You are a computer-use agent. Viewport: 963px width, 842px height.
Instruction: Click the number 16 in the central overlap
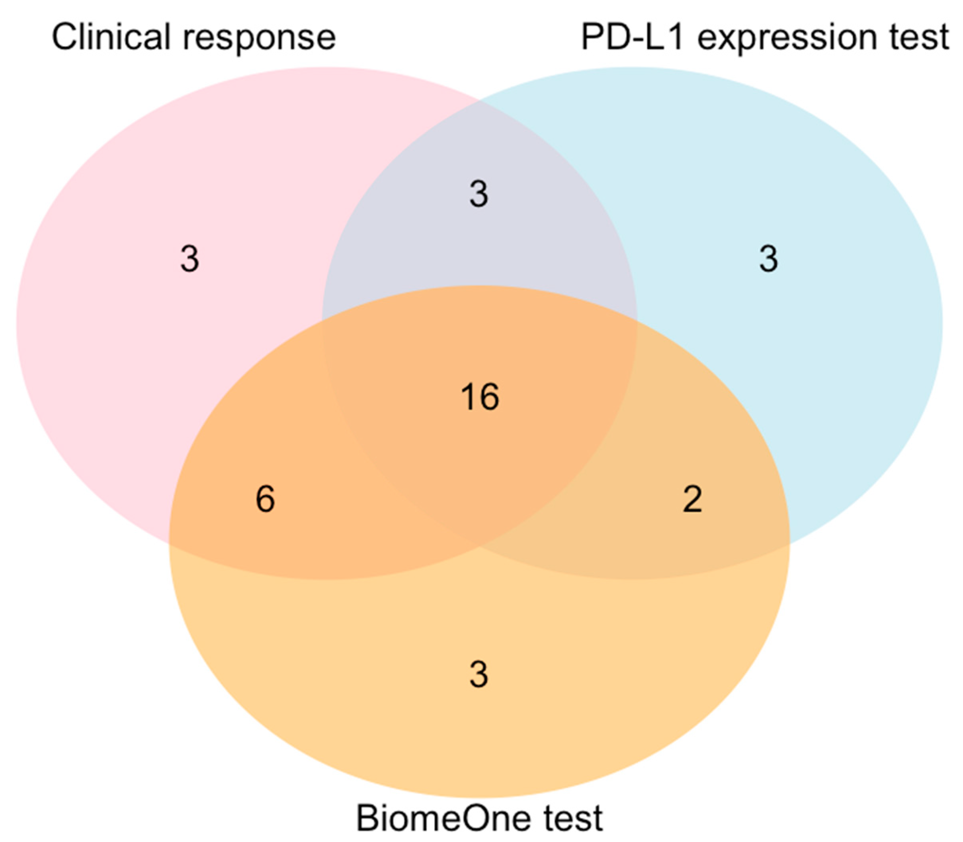click(x=480, y=397)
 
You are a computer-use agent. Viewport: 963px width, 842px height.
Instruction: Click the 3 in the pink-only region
click(x=189, y=259)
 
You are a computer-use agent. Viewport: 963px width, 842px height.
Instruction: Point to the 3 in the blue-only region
click(x=768, y=259)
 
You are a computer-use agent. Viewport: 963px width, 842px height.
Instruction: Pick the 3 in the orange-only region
click(x=479, y=675)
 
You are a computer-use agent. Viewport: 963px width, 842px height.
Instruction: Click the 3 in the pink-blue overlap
click(x=479, y=194)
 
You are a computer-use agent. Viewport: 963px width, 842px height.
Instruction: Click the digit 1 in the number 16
click(x=468, y=397)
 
